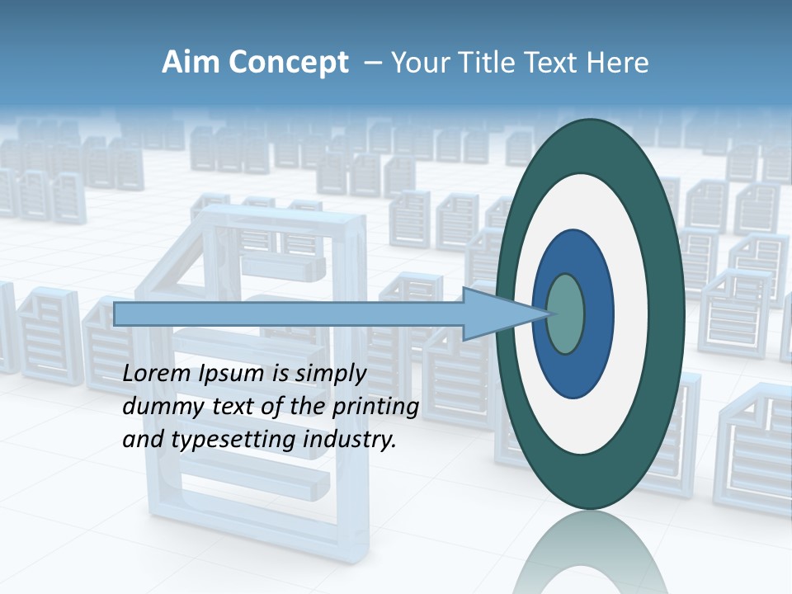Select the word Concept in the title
point(290,63)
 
